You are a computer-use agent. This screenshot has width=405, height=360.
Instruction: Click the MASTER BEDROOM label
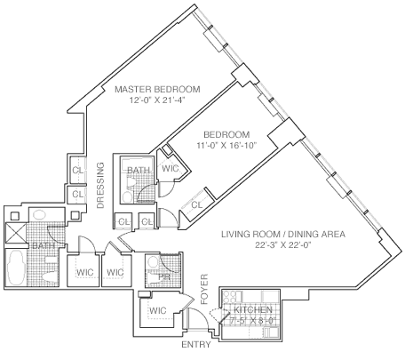coord(150,90)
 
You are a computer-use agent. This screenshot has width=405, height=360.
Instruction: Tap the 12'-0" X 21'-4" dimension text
coord(150,101)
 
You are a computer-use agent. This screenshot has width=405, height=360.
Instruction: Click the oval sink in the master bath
coord(40,215)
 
